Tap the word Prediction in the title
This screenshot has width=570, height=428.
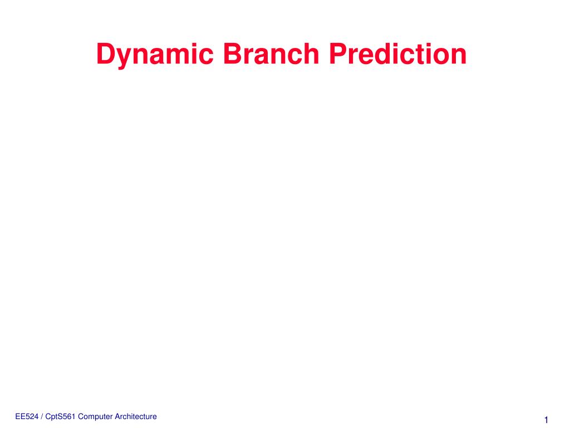(x=398, y=55)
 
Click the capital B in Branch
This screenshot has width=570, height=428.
(x=233, y=55)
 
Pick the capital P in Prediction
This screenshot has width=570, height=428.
(x=338, y=55)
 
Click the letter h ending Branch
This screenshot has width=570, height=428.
(x=310, y=55)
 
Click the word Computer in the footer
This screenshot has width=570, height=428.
(x=94, y=417)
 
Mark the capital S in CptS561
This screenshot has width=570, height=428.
(x=60, y=417)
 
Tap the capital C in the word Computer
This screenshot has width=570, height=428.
(x=81, y=417)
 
